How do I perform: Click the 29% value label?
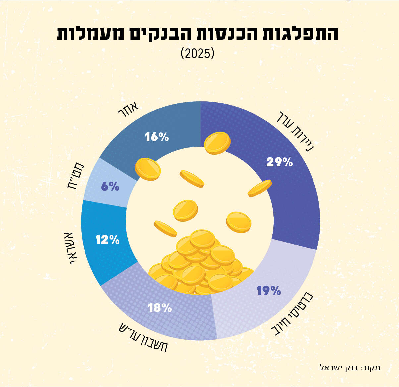(279, 162)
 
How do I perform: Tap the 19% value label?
(269, 291)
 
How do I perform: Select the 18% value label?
(160, 308)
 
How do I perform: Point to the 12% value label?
(107, 240)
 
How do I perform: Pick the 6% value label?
(110, 187)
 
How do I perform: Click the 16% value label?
(157, 137)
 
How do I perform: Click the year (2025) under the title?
(198, 53)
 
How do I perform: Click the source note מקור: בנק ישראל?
(350, 367)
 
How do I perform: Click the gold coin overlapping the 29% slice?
(217, 143)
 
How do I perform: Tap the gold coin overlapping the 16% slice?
(147, 169)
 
